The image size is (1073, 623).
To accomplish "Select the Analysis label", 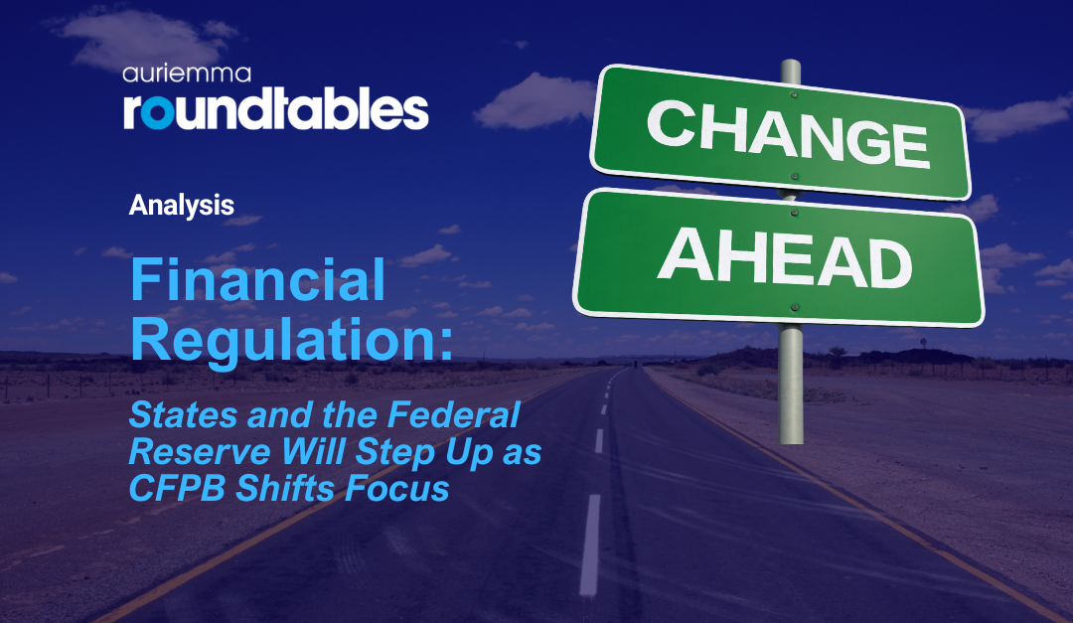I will [182, 206].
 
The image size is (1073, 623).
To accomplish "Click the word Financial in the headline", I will [258, 280].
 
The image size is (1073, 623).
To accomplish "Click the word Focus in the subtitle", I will [397, 488].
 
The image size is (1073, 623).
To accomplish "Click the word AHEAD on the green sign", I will [786, 261].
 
